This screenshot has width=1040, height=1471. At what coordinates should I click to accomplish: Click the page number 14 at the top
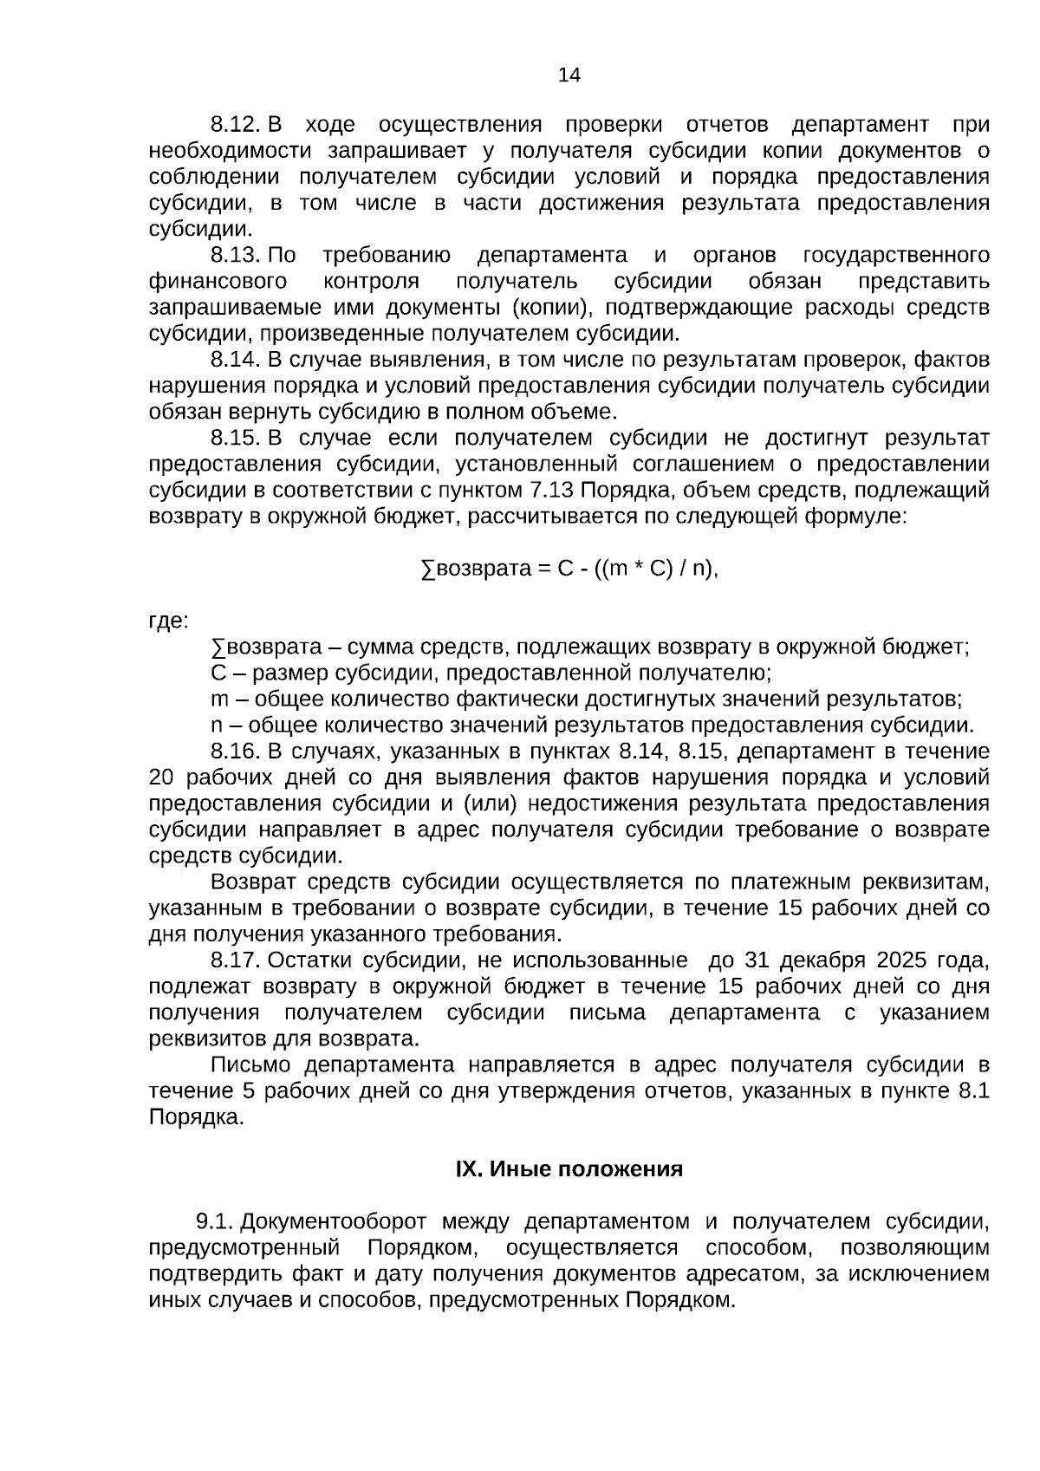tap(569, 75)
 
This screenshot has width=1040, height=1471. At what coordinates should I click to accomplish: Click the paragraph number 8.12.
tap(236, 125)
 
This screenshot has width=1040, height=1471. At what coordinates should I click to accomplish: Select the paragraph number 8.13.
tap(236, 256)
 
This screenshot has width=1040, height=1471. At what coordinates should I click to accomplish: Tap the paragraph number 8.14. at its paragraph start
tap(236, 360)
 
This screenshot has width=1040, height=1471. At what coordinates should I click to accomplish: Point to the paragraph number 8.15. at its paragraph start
tap(236, 438)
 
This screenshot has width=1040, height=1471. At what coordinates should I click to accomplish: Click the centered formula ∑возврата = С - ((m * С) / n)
tap(569, 570)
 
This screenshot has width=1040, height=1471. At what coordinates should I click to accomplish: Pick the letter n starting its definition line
tap(217, 726)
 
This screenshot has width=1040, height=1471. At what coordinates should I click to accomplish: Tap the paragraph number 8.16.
tap(236, 752)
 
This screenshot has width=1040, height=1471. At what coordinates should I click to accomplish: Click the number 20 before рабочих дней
tap(162, 778)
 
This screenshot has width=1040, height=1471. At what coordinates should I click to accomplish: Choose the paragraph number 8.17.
tap(236, 961)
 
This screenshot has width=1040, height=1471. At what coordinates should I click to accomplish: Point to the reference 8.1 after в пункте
tap(974, 1091)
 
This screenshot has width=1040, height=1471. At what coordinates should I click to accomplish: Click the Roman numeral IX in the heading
tap(468, 1170)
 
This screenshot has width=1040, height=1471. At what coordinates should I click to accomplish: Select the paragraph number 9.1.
tap(215, 1222)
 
